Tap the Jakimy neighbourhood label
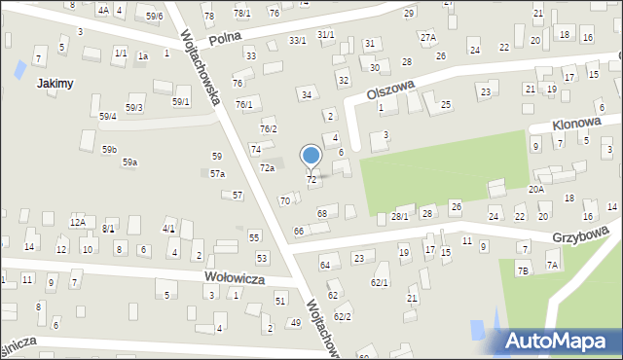tap(55, 84)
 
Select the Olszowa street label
tap(391, 92)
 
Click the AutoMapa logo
tap(557, 341)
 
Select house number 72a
tap(267, 168)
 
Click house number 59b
tap(109, 149)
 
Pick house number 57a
tap(218, 173)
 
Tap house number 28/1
tap(399, 216)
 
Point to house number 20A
tap(535, 190)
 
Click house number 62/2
tap(343, 316)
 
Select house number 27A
tap(428, 37)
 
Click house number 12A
tap(77, 222)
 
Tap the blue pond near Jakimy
tap(19, 69)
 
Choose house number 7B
tap(523, 270)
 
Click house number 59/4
tap(108, 117)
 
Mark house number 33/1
tap(297, 40)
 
